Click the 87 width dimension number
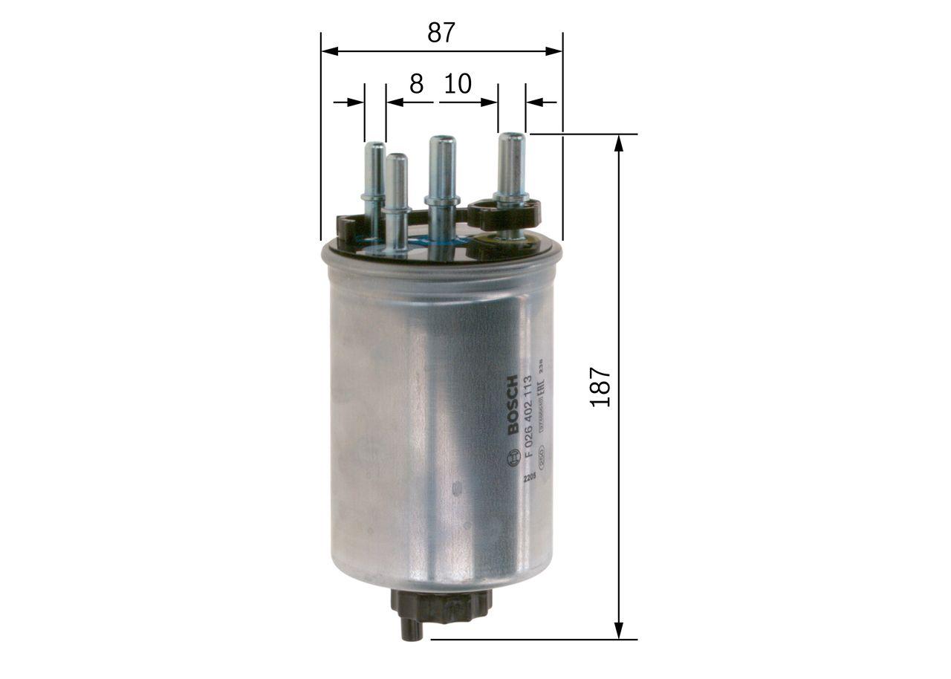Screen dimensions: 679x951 pyautogui.click(x=441, y=33)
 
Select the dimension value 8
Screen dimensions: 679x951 pyautogui.click(x=416, y=84)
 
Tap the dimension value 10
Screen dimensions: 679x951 pyautogui.click(x=458, y=84)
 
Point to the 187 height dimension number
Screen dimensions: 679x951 pyautogui.click(x=600, y=386)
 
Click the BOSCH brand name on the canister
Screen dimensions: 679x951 pyautogui.click(x=513, y=406)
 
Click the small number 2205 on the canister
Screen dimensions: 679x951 pyautogui.click(x=528, y=478)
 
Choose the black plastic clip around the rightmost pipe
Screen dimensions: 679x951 pyautogui.click(x=505, y=213)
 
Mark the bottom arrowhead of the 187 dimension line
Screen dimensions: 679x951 pyautogui.click(x=618, y=632)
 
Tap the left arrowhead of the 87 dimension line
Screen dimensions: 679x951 pyautogui.click(x=328, y=51)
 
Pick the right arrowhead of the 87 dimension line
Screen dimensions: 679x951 pyautogui.click(x=556, y=51)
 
